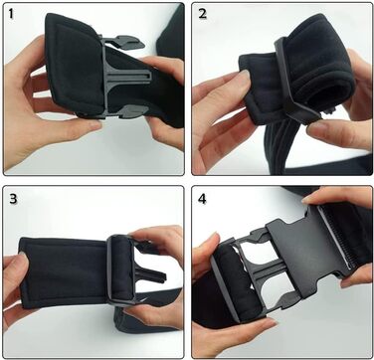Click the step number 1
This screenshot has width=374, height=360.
(x=12, y=14)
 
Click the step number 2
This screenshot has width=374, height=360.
(x=203, y=14)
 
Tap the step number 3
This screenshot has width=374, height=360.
(x=13, y=198)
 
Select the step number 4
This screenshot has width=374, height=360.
(x=202, y=199)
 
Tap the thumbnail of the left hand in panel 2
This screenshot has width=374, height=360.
(x=245, y=76)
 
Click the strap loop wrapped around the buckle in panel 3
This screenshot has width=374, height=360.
(x=120, y=268)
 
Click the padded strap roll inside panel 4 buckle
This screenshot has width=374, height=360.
(x=229, y=281)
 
